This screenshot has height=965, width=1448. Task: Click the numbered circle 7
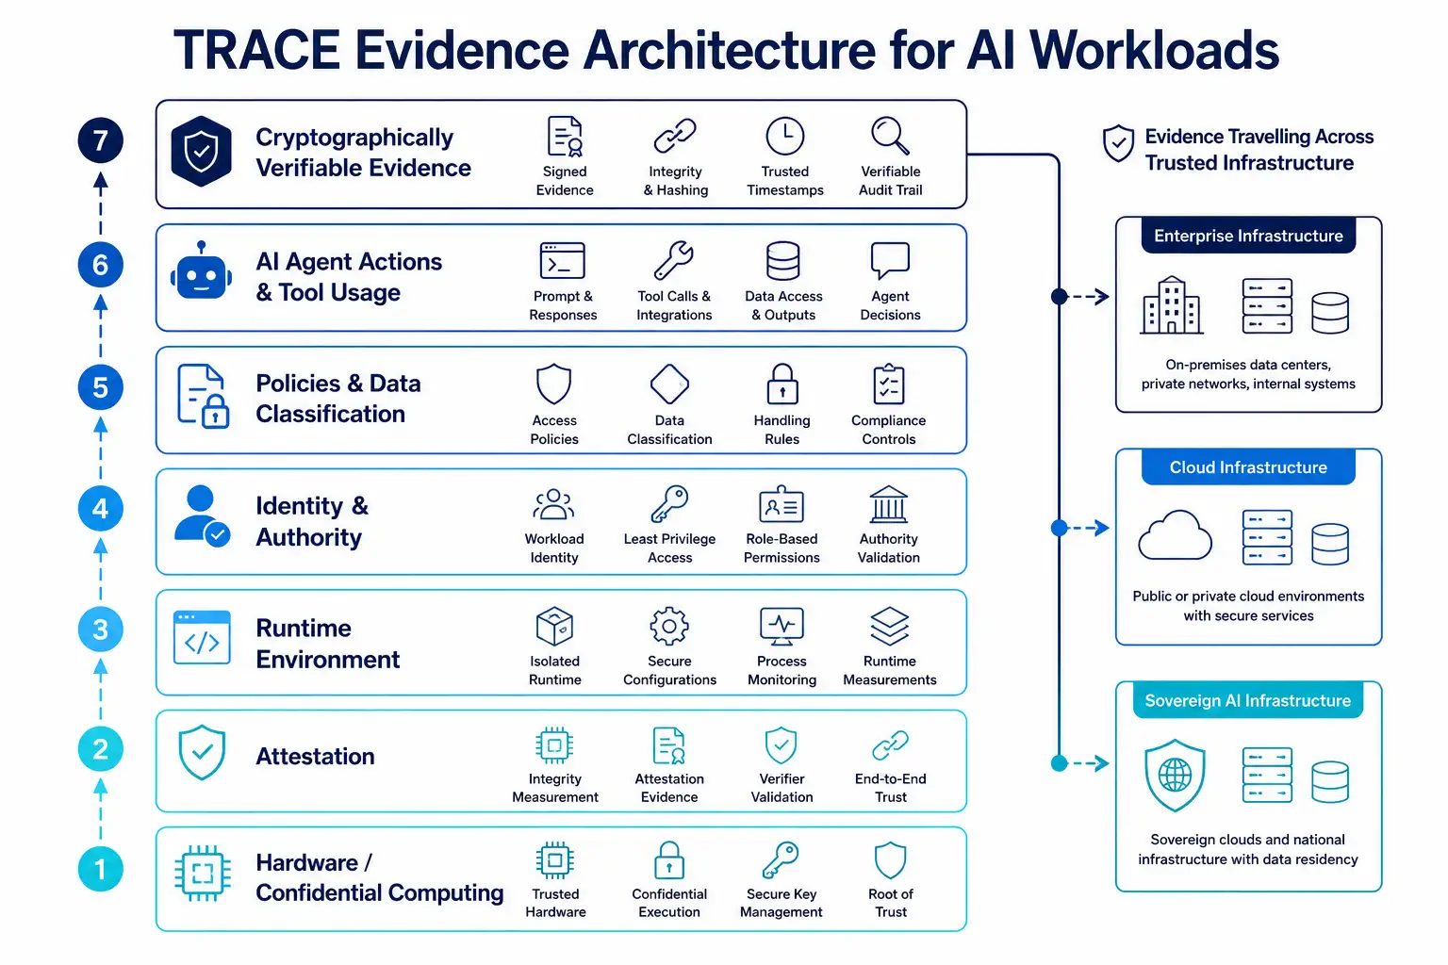pos(100,140)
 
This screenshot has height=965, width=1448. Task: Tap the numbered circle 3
pos(100,629)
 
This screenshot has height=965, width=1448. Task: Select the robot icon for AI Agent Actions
pos(201,272)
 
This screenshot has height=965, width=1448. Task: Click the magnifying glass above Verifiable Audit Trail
pos(890,136)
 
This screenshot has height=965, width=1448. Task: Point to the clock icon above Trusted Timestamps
pos(784,136)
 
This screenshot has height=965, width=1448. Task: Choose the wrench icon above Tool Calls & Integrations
pos(674,260)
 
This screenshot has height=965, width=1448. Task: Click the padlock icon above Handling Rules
pos(782,384)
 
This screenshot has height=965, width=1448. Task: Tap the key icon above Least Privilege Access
pos(669,504)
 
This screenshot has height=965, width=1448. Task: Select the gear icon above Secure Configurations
pos(669,626)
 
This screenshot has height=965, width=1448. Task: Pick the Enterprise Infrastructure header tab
pos(1248,236)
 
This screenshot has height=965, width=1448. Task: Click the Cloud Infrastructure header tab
pos(1248,467)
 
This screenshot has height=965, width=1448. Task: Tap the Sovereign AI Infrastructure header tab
pos(1247,700)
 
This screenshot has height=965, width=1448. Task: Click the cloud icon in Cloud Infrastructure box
pos(1175,535)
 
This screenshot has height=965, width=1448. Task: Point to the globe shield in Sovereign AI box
pos(1175,775)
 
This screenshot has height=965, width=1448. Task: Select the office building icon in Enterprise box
pos(1172,305)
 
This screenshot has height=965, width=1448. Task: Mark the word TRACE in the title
pos(257,50)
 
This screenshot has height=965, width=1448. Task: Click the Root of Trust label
pos(890,903)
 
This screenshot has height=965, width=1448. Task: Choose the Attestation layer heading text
pos(315,756)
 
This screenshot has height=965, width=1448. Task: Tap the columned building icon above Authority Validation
pos(889,504)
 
